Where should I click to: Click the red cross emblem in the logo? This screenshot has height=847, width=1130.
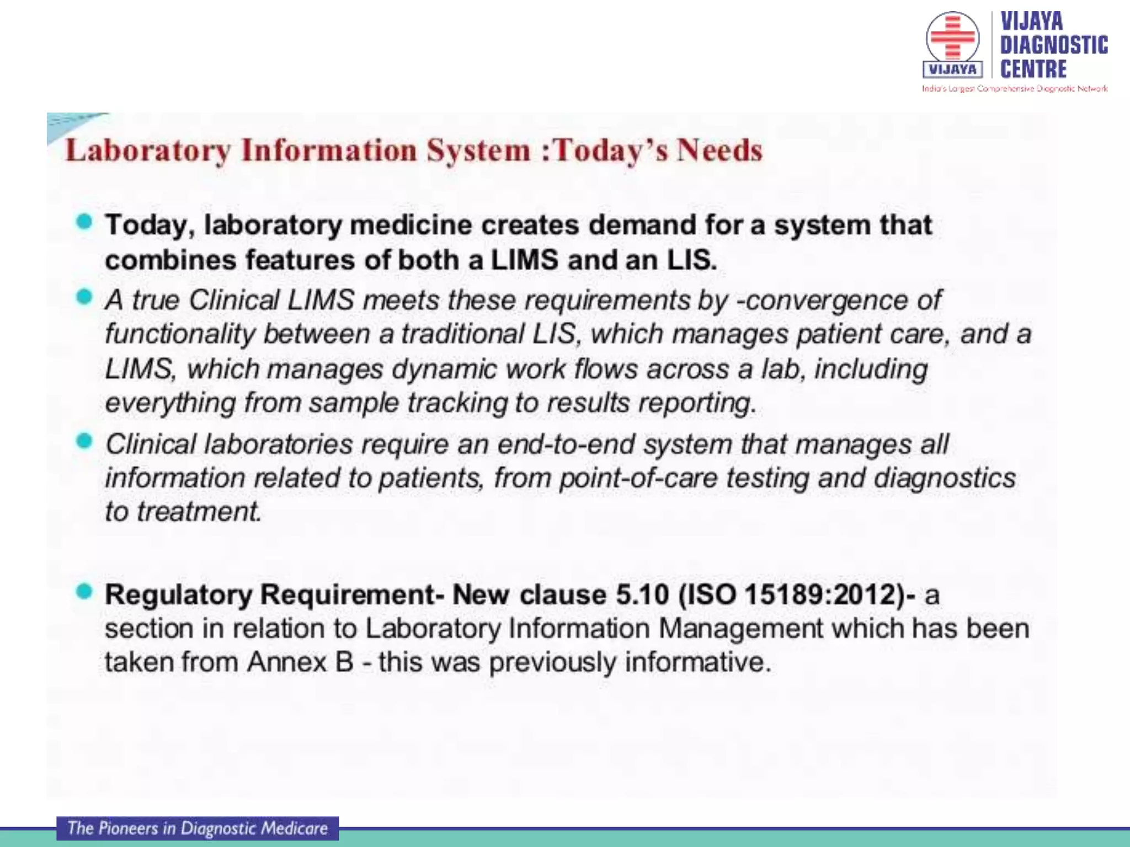(952, 37)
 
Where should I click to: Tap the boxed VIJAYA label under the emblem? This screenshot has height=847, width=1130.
(952, 69)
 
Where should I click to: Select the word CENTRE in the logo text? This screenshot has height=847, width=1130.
(1033, 69)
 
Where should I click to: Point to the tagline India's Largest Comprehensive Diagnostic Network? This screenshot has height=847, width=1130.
(1014, 88)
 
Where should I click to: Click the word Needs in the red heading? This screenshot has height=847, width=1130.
(719, 150)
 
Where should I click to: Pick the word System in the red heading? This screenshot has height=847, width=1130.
(478, 151)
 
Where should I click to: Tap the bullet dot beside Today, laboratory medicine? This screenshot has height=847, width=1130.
(84, 222)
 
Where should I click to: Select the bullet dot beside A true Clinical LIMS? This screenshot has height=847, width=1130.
(84, 297)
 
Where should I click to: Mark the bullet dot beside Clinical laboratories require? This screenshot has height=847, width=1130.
(84, 441)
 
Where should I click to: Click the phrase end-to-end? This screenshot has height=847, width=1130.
(566, 444)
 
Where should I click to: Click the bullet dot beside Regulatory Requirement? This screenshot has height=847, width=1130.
(84, 592)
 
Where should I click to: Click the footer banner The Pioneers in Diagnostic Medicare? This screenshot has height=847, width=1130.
(198, 828)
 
